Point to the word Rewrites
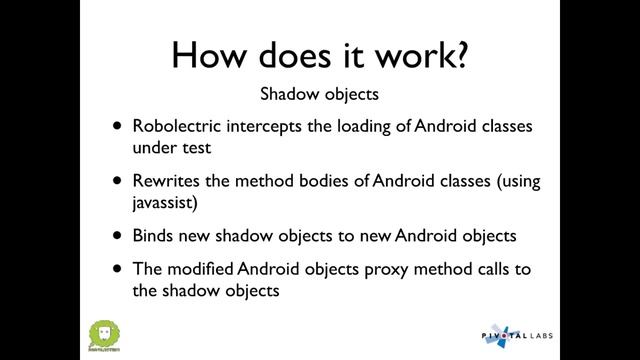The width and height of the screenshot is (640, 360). (163, 183)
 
